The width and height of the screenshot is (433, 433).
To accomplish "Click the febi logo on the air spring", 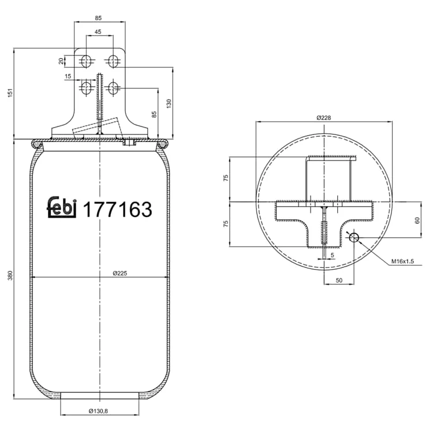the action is click(62, 207).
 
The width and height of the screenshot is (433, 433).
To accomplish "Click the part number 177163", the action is click(117, 209).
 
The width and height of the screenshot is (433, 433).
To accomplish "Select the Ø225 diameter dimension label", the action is click(120, 274).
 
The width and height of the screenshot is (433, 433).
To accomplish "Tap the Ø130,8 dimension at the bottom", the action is click(98, 411).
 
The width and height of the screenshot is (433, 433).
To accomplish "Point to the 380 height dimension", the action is click(10, 275).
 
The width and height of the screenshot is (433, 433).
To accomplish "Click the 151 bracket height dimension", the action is click(10, 93).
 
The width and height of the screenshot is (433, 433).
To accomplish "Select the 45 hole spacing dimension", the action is click(98, 32).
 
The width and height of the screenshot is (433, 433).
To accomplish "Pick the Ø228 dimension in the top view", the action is click(324, 118).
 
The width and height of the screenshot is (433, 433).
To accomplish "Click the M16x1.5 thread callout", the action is click(402, 261).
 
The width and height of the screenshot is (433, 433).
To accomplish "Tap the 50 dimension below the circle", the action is click(339, 280).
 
